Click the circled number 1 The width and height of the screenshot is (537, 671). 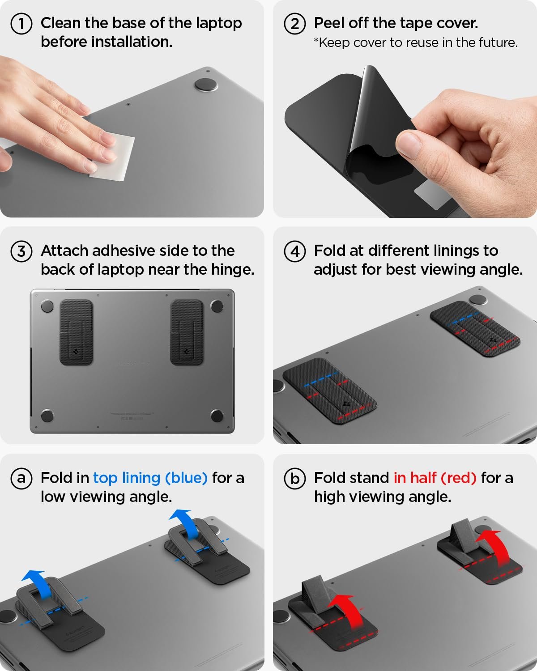click(x=21, y=23)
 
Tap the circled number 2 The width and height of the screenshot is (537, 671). click(x=295, y=23)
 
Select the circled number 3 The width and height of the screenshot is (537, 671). click(x=21, y=251)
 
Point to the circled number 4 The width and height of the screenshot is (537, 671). click(x=295, y=251)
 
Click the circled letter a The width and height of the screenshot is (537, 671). click(x=21, y=478)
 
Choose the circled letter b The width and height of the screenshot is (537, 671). click(x=295, y=478)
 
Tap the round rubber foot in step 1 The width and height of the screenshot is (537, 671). click(x=206, y=85)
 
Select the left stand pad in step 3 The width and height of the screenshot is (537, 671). click(x=77, y=332)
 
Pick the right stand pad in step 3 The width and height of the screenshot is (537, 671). click(x=187, y=332)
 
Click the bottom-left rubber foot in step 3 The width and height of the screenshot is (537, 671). click(x=47, y=416)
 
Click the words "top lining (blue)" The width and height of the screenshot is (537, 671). click(x=150, y=478)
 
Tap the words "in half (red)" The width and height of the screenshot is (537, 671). click(x=435, y=478)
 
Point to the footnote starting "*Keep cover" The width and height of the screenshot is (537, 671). click(x=415, y=42)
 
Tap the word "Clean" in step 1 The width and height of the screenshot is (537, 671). click(x=60, y=23)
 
